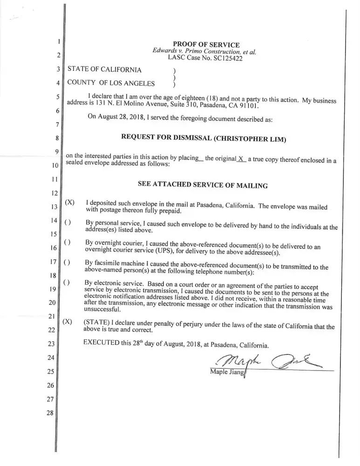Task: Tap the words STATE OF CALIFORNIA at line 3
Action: tap(104, 70)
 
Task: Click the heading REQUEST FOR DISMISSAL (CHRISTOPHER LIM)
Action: tap(203, 138)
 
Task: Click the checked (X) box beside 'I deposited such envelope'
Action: tap(69, 203)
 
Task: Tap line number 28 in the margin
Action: tap(51, 413)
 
